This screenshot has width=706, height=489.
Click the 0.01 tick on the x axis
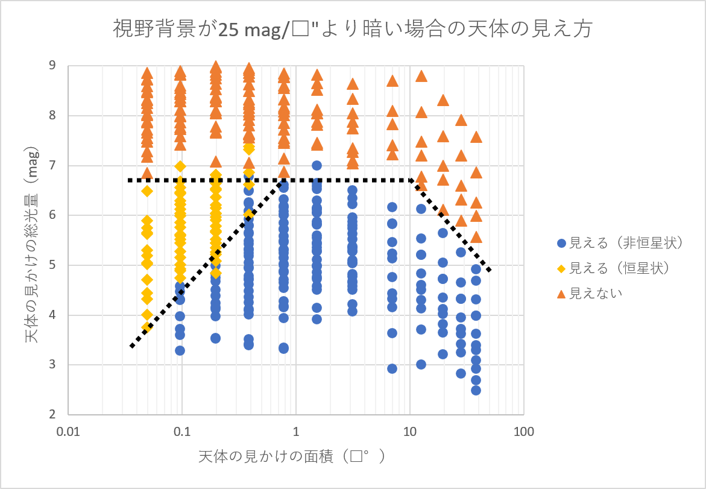click(68, 432)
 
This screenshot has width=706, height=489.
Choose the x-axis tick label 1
click(296, 432)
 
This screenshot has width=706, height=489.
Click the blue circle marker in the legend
click(561, 244)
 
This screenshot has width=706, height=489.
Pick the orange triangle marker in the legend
click(561, 294)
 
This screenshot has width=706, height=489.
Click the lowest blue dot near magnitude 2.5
click(476, 390)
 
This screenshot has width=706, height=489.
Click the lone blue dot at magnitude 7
click(317, 165)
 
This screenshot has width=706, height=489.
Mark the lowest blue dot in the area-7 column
click(392, 368)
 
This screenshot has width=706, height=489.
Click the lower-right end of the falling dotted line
click(490, 270)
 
